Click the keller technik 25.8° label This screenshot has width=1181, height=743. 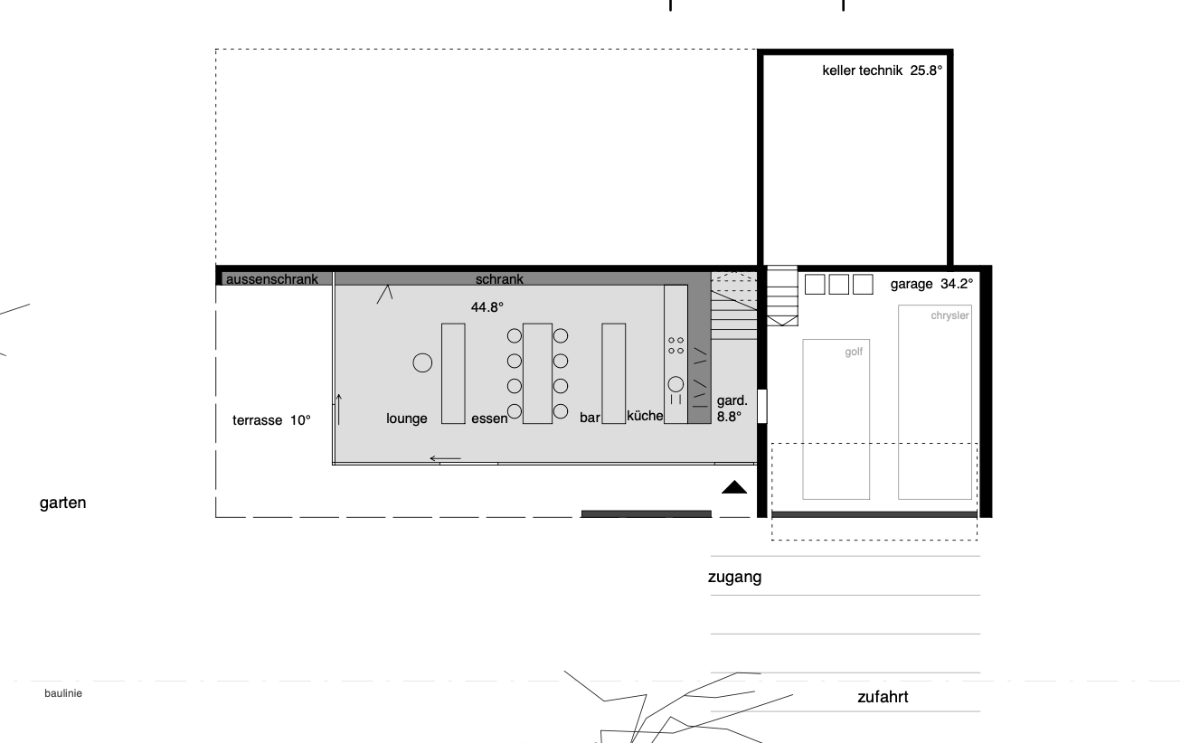[x=882, y=71]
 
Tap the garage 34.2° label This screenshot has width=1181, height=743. [x=931, y=284]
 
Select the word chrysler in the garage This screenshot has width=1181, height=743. [x=950, y=315]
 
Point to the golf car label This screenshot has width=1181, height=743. [x=854, y=352]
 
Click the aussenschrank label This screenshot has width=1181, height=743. [x=272, y=279]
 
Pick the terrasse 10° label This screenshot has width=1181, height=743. [x=271, y=420]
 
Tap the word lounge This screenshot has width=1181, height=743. [x=407, y=419]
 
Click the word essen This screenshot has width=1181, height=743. [x=489, y=419]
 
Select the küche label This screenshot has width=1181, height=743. [x=645, y=416]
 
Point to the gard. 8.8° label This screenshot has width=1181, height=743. [x=732, y=409]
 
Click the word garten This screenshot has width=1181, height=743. [x=62, y=503]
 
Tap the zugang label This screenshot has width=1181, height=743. [x=734, y=578]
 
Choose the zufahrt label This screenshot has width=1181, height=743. [x=883, y=697]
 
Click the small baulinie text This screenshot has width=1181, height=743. [x=63, y=693]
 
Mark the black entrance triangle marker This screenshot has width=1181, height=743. [x=734, y=487]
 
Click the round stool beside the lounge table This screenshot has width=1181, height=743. [x=422, y=362]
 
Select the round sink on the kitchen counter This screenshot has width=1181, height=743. [x=676, y=384]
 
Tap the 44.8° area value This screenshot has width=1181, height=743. [x=487, y=307]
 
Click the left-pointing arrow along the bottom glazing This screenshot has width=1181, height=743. [x=446, y=458]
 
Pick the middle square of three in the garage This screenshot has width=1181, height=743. [x=839, y=285]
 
